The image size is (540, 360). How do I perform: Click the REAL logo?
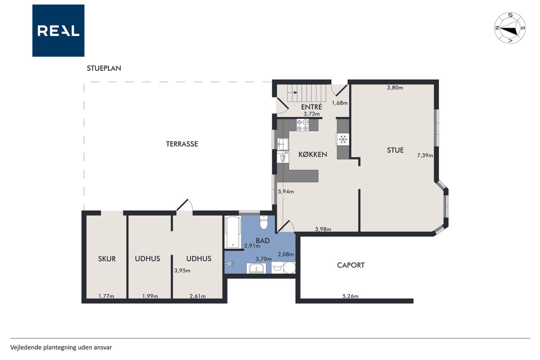(x=58, y=31)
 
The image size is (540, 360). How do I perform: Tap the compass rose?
(x=510, y=28)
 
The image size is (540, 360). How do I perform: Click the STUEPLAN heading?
(x=104, y=68)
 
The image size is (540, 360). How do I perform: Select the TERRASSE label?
(x=182, y=144)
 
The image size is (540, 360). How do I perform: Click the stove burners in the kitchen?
(x=302, y=125)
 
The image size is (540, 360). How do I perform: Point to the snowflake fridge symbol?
(x=343, y=139)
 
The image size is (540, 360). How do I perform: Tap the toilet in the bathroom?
(x=264, y=222)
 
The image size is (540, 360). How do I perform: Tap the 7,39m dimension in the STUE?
(x=425, y=156)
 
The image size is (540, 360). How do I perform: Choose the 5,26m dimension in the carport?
(x=351, y=296)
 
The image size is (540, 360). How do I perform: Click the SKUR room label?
(x=107, y=259)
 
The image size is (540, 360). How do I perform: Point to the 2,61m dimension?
(x=198, y=296)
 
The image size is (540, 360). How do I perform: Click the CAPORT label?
(x=351, y=265)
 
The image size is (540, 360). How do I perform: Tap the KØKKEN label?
(x=313, y=154)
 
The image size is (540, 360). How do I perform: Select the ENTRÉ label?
(x=311, y=107)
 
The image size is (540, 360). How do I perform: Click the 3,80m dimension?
(x=395, y=87)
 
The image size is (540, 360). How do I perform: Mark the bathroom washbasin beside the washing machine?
(x=256, y=268)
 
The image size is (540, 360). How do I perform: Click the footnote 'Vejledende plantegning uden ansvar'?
(x=61, y=347)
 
